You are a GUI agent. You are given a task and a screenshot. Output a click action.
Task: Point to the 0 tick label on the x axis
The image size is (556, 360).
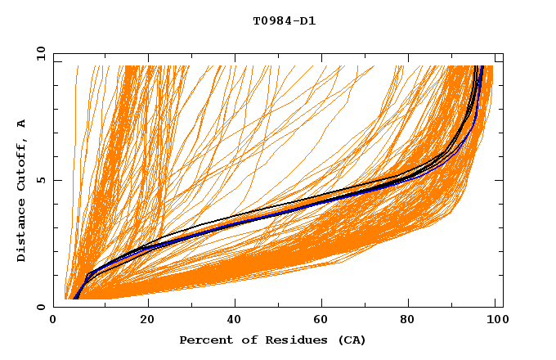click(54, 321)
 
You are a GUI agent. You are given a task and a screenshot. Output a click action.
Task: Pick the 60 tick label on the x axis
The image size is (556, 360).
click(324, 321)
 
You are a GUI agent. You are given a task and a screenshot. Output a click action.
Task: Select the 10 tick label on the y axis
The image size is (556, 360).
click(39, 53)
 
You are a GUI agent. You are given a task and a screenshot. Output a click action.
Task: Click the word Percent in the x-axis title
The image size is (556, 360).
click(202, 340)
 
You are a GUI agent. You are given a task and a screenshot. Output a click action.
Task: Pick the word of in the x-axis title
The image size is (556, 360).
click(240, 340)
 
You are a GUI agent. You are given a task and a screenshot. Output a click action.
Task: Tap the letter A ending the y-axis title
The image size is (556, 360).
click(22, 124)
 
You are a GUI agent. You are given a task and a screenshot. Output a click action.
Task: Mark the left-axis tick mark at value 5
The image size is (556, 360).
click(56, 180)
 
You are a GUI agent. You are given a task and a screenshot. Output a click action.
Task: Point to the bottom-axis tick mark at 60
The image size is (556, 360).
click(324, 304)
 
